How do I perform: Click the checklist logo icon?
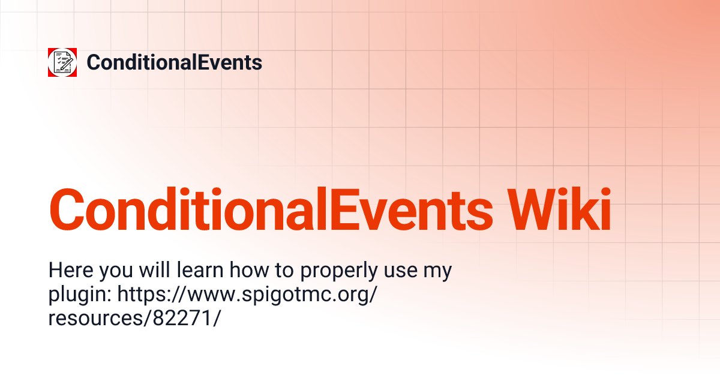[62, 62]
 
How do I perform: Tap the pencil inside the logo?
[67, 64]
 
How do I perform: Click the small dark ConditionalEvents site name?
[174, 62]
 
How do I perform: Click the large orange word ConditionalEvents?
[271, 209]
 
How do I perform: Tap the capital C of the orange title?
[67, 209]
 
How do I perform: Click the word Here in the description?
[71, 270]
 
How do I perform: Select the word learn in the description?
[200, 270]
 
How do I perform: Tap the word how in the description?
[249, 270]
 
